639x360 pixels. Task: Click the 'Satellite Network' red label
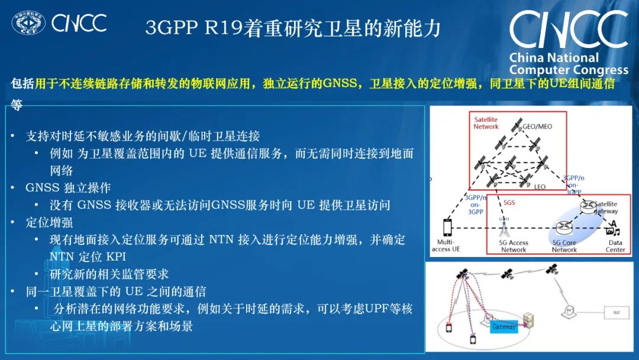pos(486,123)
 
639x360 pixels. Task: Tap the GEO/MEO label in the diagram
pos(537,127)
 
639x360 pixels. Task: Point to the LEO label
pos(540,187)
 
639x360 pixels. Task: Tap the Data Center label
pos(615,246)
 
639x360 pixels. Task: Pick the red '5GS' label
pos(509,202)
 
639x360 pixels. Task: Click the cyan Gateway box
pos(504,326)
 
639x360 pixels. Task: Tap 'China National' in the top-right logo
pos(554,58)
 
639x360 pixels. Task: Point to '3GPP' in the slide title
pos(167,28)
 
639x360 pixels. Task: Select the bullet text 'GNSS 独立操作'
pos(68,188)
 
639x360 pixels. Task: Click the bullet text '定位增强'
pos(49,223)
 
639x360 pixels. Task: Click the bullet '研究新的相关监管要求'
pos(109,274)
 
